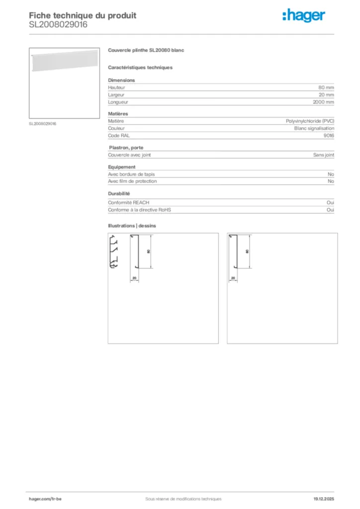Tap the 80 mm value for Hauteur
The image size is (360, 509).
[326, 87]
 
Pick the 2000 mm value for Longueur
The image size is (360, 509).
[323, 102]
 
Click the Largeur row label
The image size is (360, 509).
[116, 95]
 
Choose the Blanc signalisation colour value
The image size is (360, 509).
[314, 128]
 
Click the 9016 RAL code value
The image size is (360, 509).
[329, 135]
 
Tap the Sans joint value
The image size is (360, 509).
[323, 155]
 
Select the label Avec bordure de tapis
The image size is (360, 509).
[131, 174]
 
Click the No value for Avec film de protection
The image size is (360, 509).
[331, 181]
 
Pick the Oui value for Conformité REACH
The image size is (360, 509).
[330, 203]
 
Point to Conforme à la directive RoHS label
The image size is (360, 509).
[139, 210]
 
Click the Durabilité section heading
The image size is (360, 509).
[119, 193]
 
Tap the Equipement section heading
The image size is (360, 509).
[122, 167]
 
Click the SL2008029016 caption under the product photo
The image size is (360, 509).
[43, 124]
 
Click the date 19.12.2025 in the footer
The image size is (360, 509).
[323, 499]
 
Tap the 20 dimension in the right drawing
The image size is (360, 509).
[233, 278]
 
